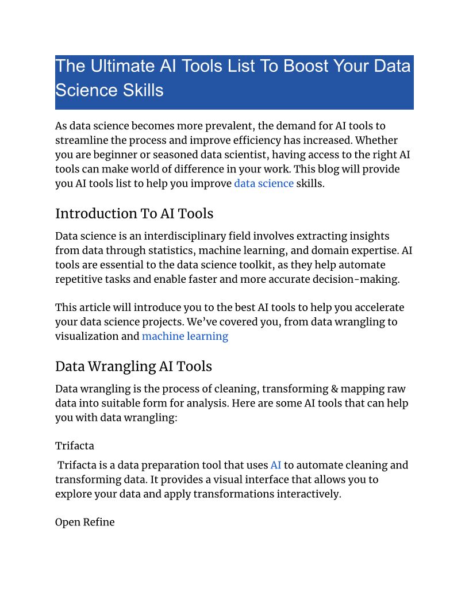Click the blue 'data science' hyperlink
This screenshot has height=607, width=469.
coord(264,184)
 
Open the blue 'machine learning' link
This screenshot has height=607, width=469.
coord(185,336)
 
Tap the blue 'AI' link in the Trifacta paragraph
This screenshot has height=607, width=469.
coord(275,465)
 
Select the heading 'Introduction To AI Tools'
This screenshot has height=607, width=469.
coord(134,214)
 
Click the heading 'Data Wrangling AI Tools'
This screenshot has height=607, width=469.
coord(133,366)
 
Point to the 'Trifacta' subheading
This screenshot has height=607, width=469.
coord(75,445)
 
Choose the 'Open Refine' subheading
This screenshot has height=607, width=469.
coord(84,522)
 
